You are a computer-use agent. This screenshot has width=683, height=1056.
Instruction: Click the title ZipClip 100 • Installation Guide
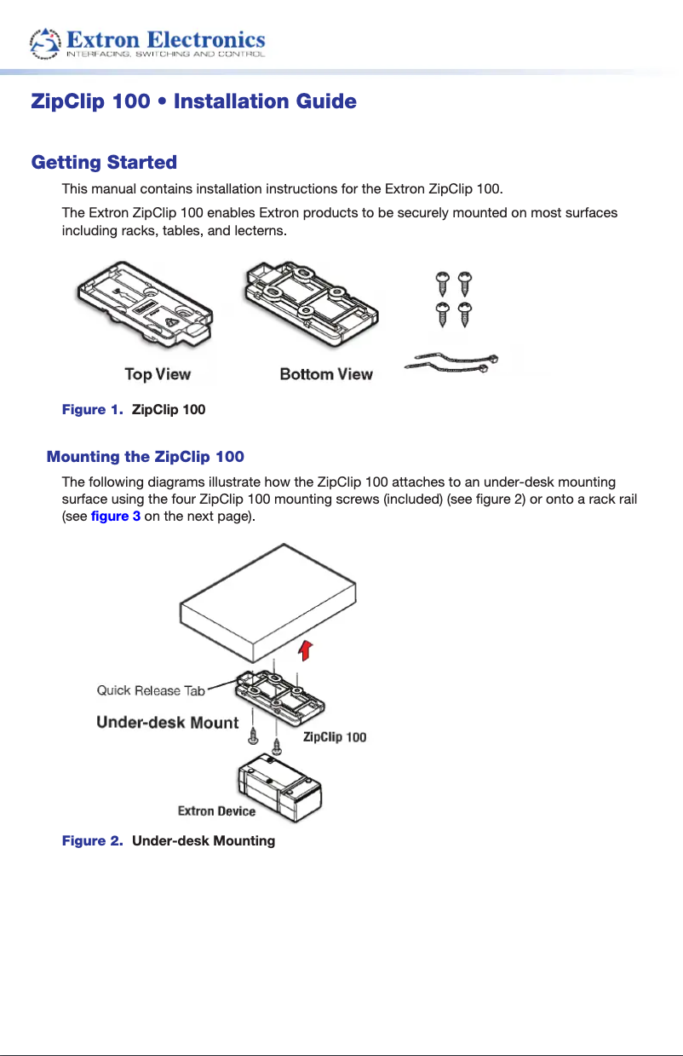point(193,102)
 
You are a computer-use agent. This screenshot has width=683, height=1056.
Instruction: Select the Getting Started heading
point(104,162)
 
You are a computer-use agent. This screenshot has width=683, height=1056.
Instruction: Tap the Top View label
point(158,373)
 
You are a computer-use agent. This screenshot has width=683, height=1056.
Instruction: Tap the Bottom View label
point(326,373)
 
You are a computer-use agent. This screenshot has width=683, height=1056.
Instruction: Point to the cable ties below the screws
point(451,362)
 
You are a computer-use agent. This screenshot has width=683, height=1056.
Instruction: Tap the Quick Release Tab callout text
point(151,690)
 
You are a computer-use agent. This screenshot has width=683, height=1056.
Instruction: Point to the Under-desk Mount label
point(168,723)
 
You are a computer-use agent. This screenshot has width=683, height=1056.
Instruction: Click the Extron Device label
point(216,811)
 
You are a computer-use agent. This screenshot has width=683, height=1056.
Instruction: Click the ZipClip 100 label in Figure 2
point(335,736)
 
